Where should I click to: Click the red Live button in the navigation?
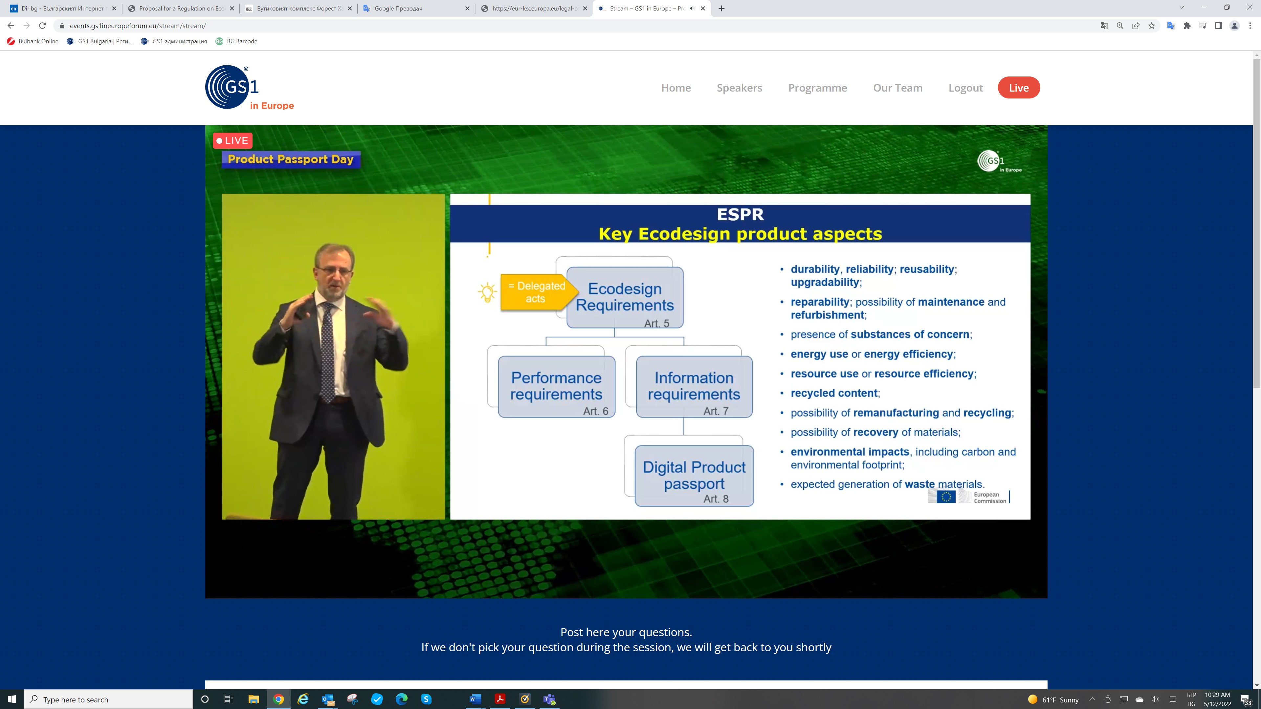click(x=1019, y=88)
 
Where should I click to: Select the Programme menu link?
click(x=817, y=88)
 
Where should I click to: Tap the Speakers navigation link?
click(x=739, y=88)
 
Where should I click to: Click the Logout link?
click(x=965, y=88)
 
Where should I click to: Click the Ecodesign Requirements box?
click(x=625, y=297)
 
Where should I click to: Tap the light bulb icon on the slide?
click(x=487, y=292)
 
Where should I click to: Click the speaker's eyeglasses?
click(x=334, y=269)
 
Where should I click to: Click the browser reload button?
click(x=43, y=26)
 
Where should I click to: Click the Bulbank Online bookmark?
click(x=33, y=41)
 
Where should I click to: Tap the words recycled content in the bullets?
click(x=834, y=393)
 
